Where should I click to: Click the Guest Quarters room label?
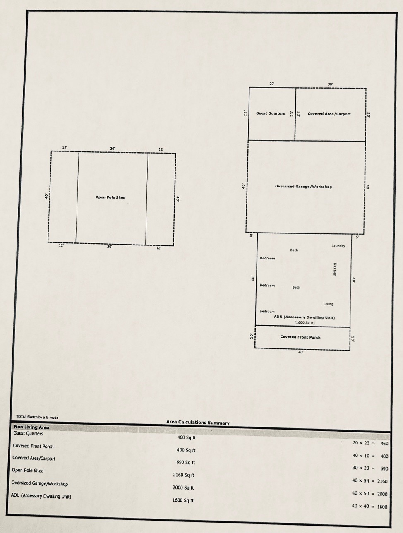[271, 113]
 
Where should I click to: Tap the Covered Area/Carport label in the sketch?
[329, 114]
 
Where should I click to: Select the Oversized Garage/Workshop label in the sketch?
[303, 187]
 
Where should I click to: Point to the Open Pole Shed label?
[110, 197]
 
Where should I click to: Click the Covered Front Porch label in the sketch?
[300, 337]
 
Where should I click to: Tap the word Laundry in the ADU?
[338, 246]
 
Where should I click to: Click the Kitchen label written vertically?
[335, 269]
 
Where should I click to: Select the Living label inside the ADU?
[328, 304]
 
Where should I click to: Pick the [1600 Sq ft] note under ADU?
[305, 323]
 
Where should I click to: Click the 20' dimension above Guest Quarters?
[272, 84]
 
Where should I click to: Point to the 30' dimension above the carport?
[330, 84]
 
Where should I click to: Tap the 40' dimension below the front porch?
[301, 352]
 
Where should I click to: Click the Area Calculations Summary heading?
[198, 423]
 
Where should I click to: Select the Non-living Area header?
[31, 427]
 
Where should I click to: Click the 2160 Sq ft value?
[184, 475]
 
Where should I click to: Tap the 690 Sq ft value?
[186, 462]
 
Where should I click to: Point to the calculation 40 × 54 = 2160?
[370, 481]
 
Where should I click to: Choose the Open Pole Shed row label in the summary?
[28, 471]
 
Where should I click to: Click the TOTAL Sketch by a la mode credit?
[37, 417]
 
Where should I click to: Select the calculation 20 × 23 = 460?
[370, 443]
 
